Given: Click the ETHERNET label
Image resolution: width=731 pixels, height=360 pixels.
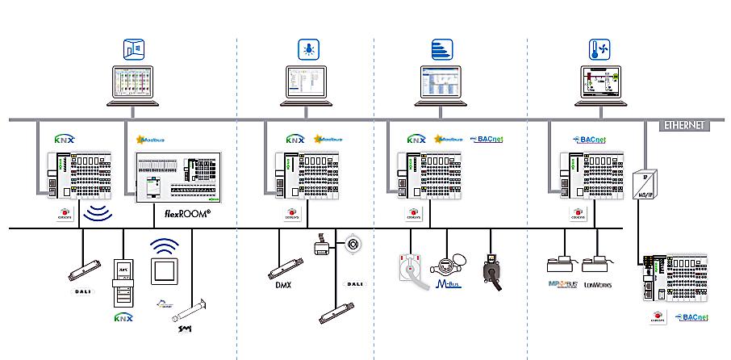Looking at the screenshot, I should [x=683, y=125].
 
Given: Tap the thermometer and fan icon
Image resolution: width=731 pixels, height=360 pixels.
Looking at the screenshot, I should [x=598, y=48].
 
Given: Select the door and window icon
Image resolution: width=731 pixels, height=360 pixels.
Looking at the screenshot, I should [x=133, y=48].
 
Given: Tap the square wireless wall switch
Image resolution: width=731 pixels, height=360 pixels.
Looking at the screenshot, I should [x=165, y=272].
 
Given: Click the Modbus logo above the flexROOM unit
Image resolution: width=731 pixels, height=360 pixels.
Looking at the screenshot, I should [x=150, y=139].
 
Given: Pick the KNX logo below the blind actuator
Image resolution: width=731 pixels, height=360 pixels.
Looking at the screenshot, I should [x=123, y=316].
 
